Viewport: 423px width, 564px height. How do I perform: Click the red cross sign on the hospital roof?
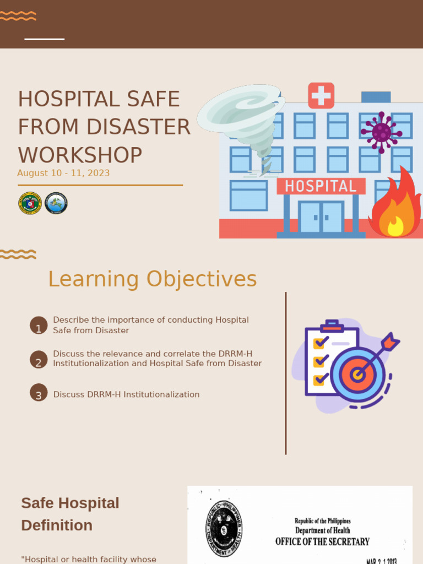pyautogui.click(x=321, y=95)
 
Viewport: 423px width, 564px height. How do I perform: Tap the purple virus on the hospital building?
pyautogui.click(x=381, y=132)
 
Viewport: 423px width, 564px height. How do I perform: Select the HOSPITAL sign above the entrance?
pyautogui.click(x=321, y=186)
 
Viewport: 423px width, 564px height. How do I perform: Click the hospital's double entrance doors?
pyautogui.click(x=321, y=216)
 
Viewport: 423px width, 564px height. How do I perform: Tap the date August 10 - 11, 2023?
pyautogui.click(x=63, y=173)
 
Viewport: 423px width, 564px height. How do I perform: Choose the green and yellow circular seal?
pyautogui.click(x=30, y=203)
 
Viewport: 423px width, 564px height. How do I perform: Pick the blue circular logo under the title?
pyautogui.click(x=56, y=203)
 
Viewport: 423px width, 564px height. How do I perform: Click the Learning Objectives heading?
pyautogui.click(x=152, y=279)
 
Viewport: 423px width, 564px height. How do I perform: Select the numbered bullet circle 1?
pyautogui.click(x=39, y=326)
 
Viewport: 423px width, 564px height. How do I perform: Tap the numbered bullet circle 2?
pyautogui.click(x=39, y=359)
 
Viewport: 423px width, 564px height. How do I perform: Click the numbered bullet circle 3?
pyautogui.click(x=39, y=393)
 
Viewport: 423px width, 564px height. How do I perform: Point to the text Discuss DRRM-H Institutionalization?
pyautogui.click(x=126, y=394)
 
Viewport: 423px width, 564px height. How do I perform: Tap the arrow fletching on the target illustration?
pyautogui.click(x=389, y=341)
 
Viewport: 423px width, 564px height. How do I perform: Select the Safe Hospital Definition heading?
pyautogui.click(x=70, y=514)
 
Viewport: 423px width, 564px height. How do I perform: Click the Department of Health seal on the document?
pyautogui.click(x=224, y=528)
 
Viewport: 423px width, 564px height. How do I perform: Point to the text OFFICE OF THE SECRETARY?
pyautogui.click(x=322, y=542)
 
